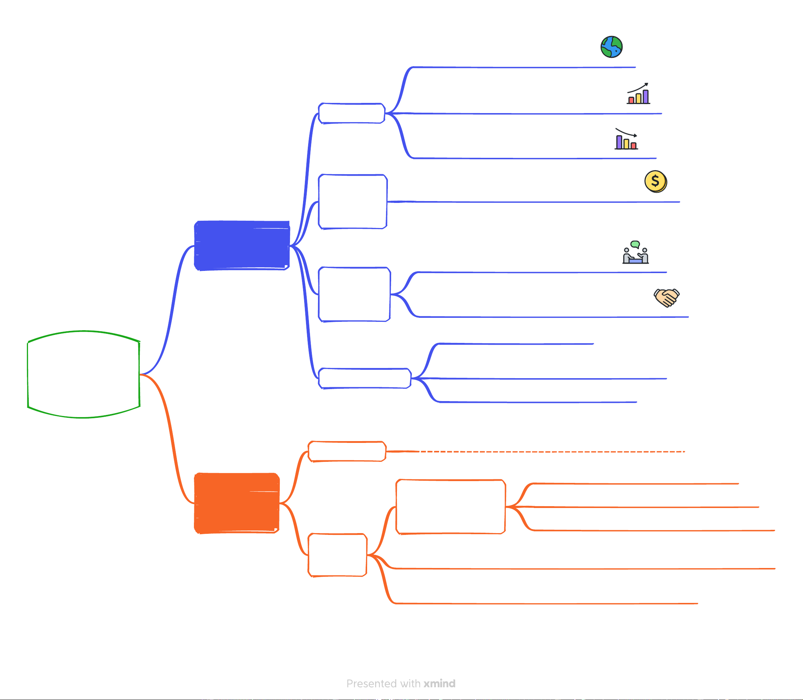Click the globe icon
pyautogui.click(x=612, y=47)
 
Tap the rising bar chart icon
pyautogui.click(x=639, y=94)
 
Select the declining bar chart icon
pyautogui.click(x=626, y=139)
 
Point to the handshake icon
pyautogui.click(x=667, y=298)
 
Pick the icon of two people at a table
pyautogui.click(x=636, y=253)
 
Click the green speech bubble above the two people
pyautogui.click(x=635, y=244)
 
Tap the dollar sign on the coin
pyautogui.click(x=655, y=181)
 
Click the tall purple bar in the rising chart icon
pyautogui.click(x=645, y=96)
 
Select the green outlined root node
pyautogui.click(x=84, y=375)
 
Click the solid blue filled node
pyautogui.click(x=242, y=245)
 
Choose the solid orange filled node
pyautogui.click(x=237, y=503)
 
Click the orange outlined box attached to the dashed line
pyautogui.click(x=347, y=452)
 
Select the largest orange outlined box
pyautogui.click(x=450, y=507)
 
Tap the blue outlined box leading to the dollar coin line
pyautogui.click(x=353, y=201)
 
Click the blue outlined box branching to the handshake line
pyautogui.click(x=354, y=294)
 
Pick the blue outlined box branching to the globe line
pyautogui.click(x=352, y=113)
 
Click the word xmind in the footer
pyautogui.click(x=440, y=684)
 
